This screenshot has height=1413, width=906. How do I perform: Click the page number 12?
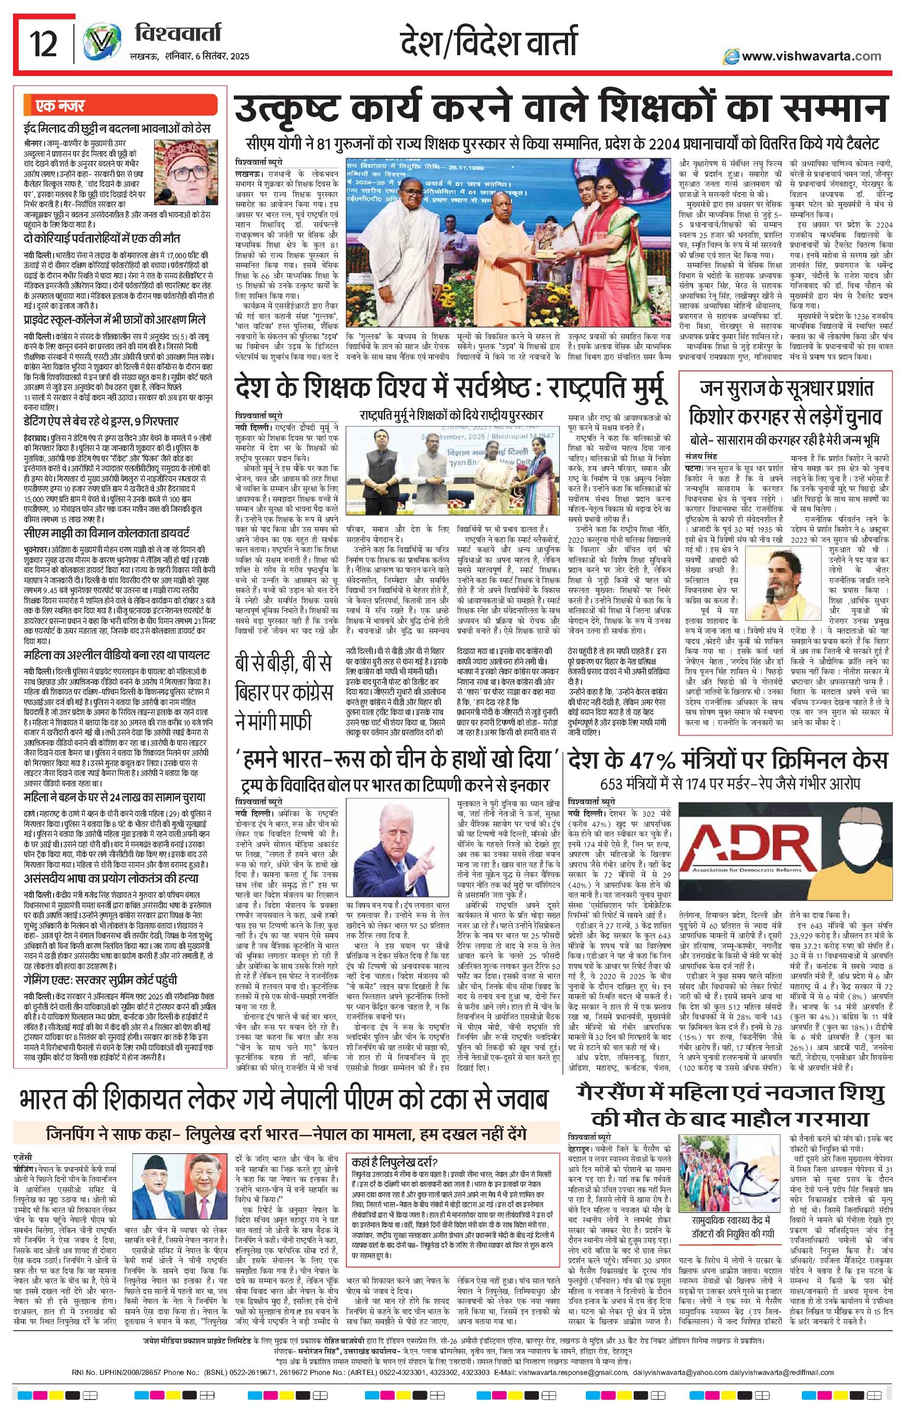(44, 45)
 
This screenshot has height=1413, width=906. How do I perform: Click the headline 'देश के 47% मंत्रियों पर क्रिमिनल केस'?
(726, 760)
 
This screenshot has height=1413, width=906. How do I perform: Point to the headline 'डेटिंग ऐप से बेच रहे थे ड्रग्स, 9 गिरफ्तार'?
(100, 421)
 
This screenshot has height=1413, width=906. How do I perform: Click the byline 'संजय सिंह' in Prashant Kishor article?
(700, 456)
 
